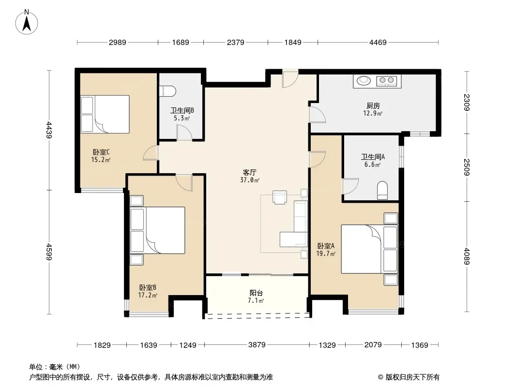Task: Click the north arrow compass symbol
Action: tap(27, 22)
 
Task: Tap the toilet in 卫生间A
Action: tap(382, 191)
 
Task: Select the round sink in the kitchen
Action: tap(364, 80)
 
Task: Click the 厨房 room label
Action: tap(373, 105)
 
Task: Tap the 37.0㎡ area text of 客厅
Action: tap(250, 180)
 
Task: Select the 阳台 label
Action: tap(257, 293)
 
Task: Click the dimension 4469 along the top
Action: tap(378, 42)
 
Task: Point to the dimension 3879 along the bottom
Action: tap(257, 344)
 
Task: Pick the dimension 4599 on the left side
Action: tap(49, 252)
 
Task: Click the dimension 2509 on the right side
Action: tap(467, 167)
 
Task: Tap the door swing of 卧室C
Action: tap(151, 152)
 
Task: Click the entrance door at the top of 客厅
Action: tap(290, 79)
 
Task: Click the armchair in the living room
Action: tap(279, 197)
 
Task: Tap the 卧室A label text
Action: tap(326, 246)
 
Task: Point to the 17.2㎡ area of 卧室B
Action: tap(148, 295)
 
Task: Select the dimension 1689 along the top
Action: tap(181, 42)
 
